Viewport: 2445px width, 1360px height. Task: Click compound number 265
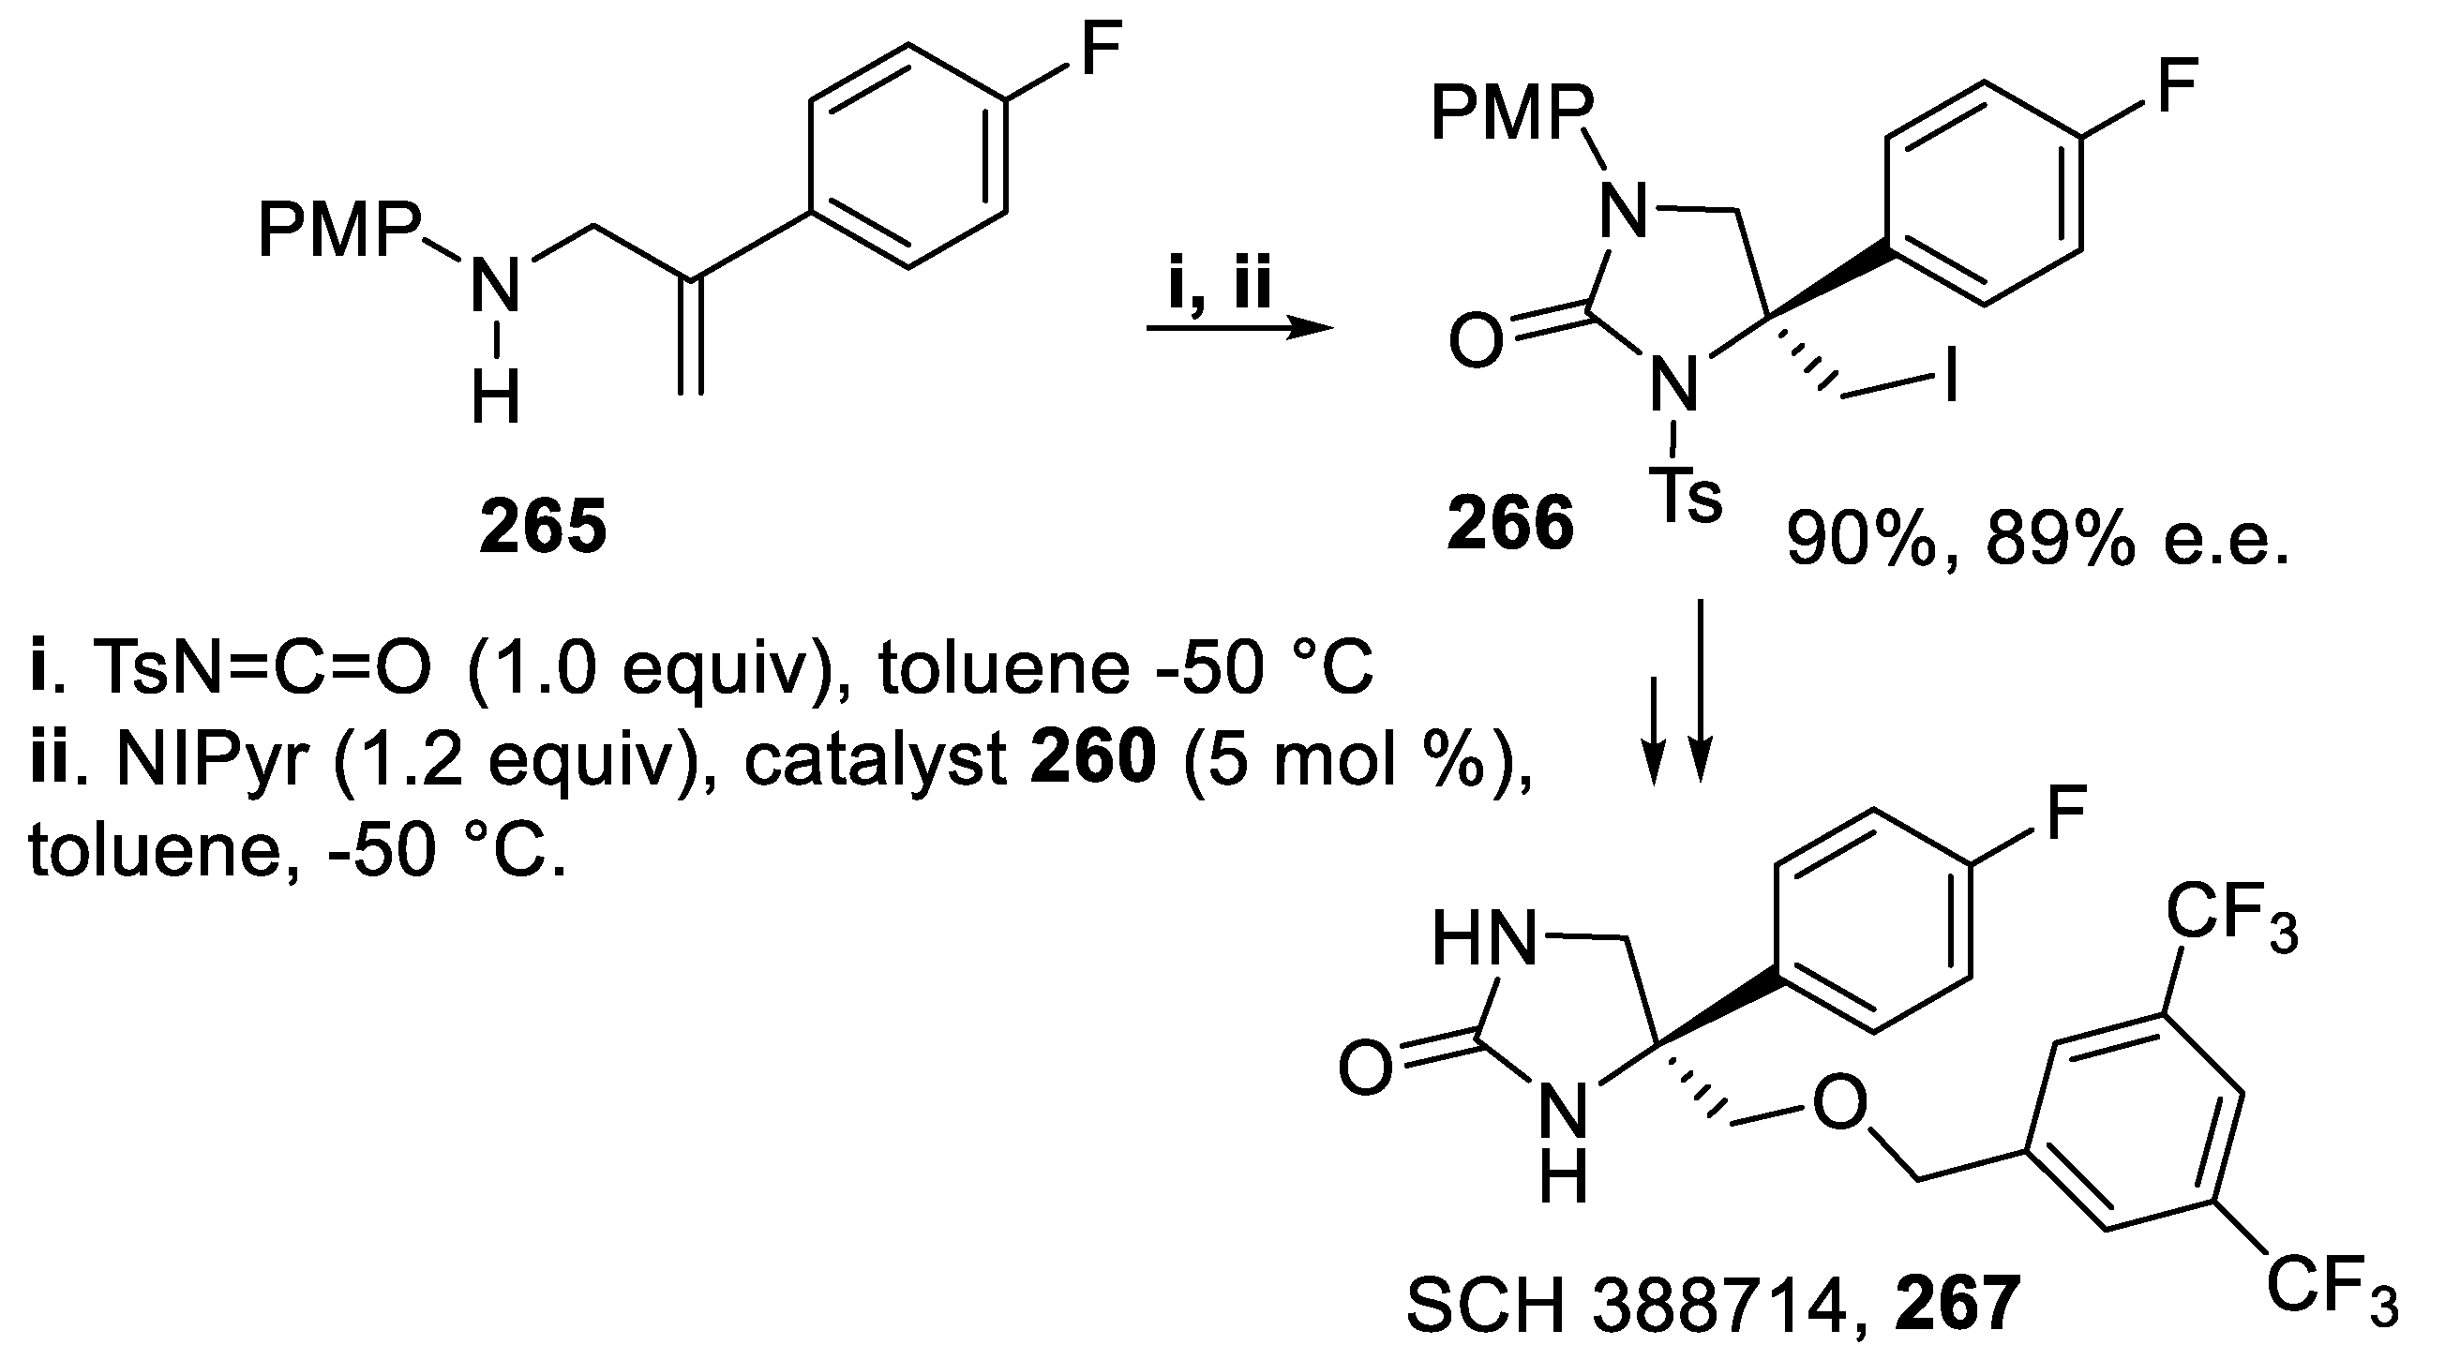coord(542,529)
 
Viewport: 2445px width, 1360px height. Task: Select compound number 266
coord(1510,524)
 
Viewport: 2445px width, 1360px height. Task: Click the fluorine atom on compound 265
coord(1100,50)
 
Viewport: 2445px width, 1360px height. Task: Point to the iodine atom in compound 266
coord(1951,380)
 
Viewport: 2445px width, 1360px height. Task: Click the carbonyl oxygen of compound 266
coord(1476,342)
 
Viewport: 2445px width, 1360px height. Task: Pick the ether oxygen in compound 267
coord(1839,1105)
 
